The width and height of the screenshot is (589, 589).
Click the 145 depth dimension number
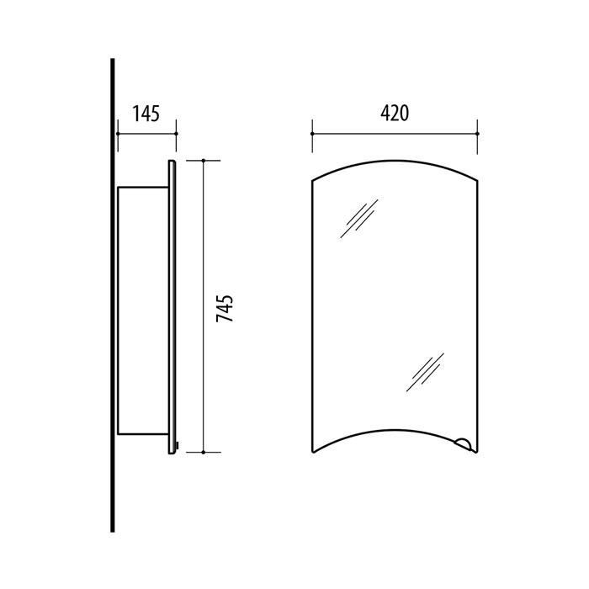tap(146, 114)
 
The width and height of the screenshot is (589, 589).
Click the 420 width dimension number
tap(395, 113)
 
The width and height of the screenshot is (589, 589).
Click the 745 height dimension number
tap(225, 309)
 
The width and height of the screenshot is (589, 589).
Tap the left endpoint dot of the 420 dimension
tap(312, 134)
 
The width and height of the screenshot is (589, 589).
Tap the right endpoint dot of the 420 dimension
tap(477, 134)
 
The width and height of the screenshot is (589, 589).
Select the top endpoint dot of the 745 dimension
tap(204, 161)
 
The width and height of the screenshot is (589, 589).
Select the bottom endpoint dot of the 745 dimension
tap(204, 453)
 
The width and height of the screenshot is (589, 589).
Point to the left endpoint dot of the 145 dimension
tap(118, 134)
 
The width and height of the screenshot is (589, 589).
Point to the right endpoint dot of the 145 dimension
tap(176, 134)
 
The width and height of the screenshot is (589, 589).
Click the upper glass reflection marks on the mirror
tap(359, 219)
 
